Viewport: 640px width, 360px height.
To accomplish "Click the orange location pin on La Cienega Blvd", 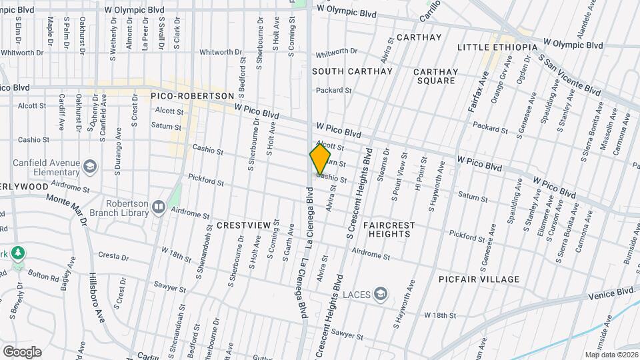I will (320, 159).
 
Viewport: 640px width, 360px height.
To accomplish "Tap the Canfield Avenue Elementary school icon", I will (90, 165).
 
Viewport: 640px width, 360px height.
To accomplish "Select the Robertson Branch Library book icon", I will (158, 207).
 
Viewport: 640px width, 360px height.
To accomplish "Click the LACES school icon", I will (380, 294).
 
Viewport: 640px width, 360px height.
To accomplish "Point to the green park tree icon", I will (19, 253).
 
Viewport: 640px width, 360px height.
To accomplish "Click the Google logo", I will (22, 352).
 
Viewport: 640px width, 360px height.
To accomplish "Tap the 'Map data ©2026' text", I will (611, 355).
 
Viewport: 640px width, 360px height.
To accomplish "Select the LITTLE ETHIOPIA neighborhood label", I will (497, 47).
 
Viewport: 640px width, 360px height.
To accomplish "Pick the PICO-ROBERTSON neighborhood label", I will (193, 96).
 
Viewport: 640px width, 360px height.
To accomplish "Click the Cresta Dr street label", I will (113, 255).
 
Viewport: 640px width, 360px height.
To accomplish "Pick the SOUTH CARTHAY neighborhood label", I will (343, 71).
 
